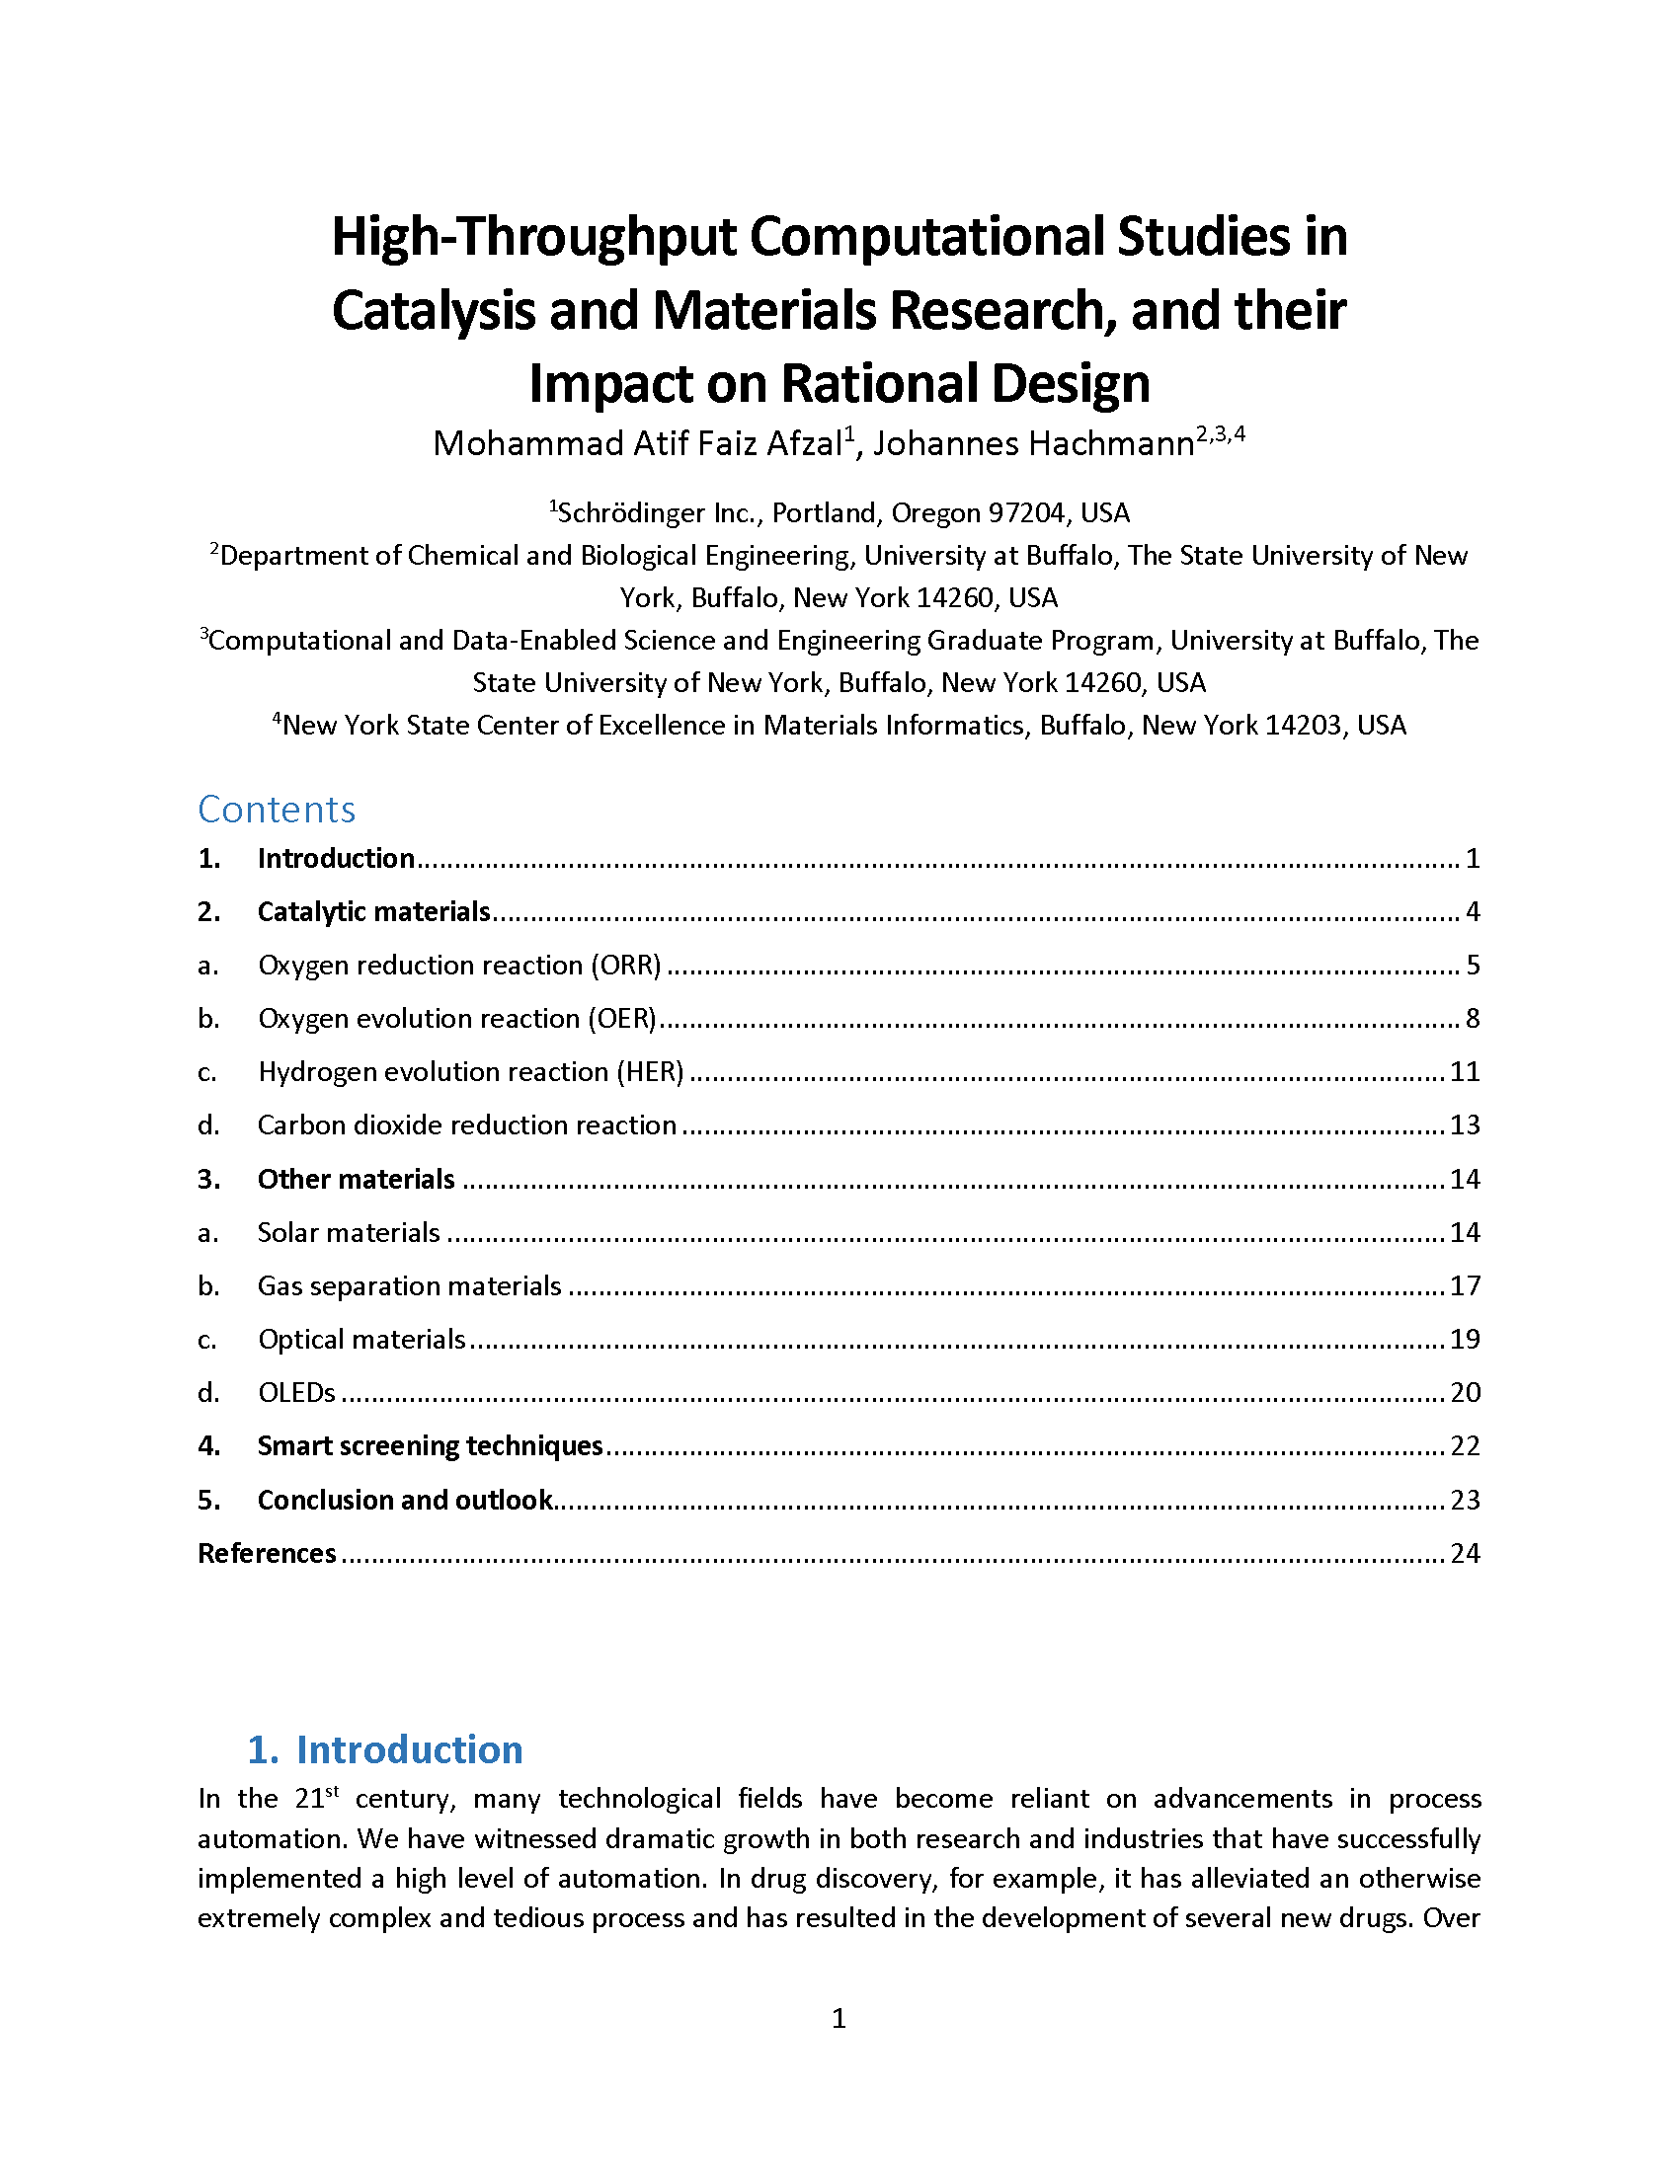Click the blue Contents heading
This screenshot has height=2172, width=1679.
(277, 810)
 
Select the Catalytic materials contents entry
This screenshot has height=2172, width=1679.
(373, 912)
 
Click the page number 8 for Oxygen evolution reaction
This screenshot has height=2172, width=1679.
(1473, 1019)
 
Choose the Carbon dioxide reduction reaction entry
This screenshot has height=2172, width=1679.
(466, 1125)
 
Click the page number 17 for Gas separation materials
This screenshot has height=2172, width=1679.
(1464, 1285)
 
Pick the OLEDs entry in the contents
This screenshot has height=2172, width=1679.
(296, 1392)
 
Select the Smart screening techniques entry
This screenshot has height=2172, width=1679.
(430, 1446)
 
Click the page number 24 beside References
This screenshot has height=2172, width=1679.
(1464, 1553)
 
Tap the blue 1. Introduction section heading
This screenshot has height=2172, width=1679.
(385, 1750)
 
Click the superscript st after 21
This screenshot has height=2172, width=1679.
(333, 1792)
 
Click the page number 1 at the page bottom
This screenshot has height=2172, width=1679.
(839, 2019)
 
